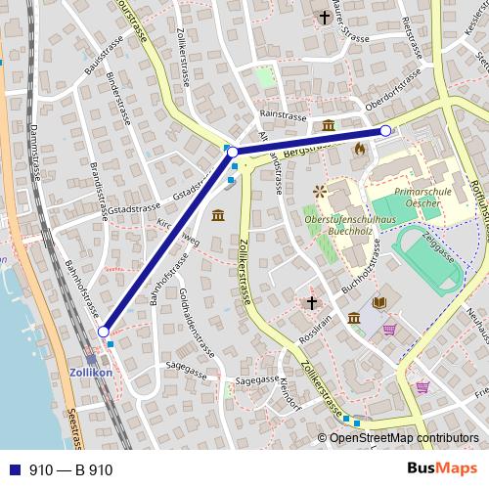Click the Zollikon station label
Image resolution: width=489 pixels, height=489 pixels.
tap(92, 374)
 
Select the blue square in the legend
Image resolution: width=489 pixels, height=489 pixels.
tap(12, 469)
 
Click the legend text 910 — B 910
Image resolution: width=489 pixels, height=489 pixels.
tap(71, 469)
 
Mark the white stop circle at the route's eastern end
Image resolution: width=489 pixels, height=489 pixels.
tap(385, 130)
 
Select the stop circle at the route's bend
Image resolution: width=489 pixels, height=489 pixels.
tap(233, 153)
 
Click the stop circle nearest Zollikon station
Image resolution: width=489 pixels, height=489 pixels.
tap(104, 333)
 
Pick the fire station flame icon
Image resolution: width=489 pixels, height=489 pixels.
tap(360, 149)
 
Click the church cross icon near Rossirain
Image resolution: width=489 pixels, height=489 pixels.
tap(312, 303)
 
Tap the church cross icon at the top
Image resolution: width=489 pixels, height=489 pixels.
tap(325, 17)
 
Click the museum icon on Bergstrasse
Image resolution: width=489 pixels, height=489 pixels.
tap(328, 125)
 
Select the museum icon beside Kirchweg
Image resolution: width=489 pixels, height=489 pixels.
tap(216, 215)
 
